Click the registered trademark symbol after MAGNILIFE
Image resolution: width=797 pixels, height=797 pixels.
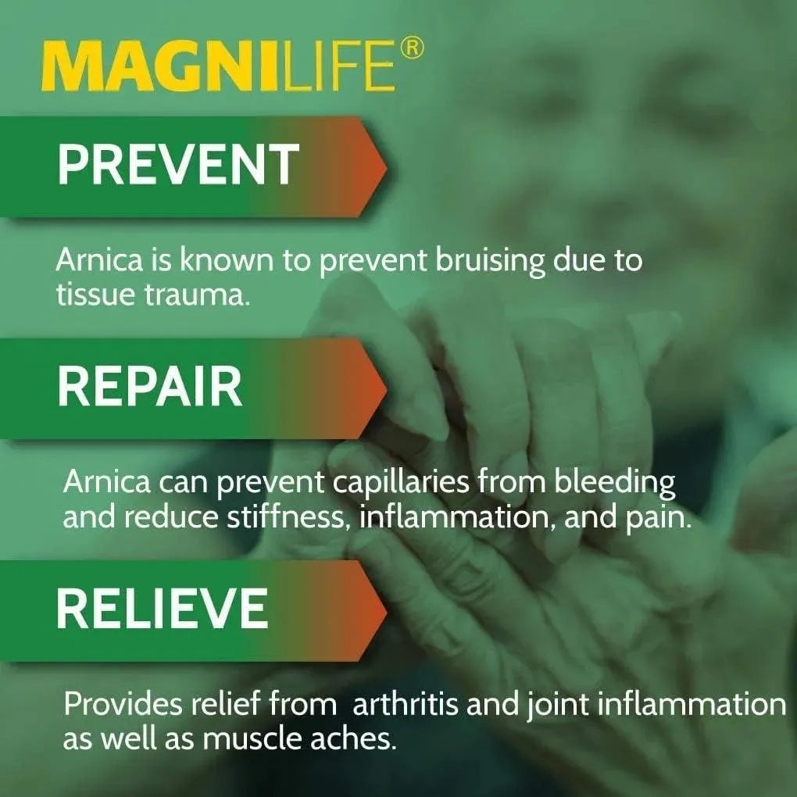pyautogui.click(x=413, y=48)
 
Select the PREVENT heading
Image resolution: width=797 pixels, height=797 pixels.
pyautogui.click(x=178, y=165)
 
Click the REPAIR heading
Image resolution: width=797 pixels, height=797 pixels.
pyautogui.click(x=150, y=387)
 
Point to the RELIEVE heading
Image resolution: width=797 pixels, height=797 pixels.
pyautogui.click(x=163, y=609)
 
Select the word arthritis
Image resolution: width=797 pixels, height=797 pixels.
pyautogui.click(x=406, y=705)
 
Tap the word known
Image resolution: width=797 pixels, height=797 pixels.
pyautogui.click(x=227, y=260)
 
